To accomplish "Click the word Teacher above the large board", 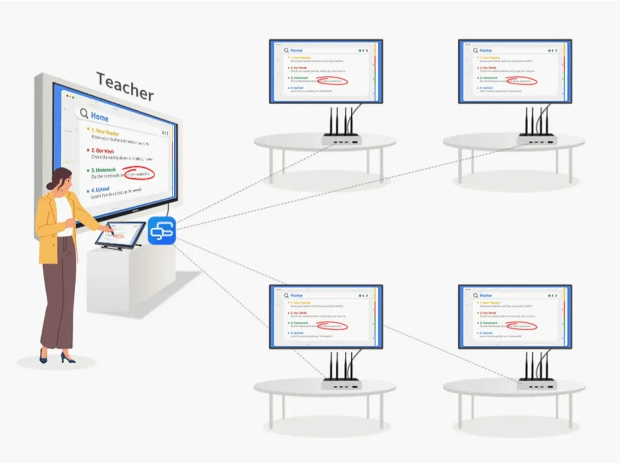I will (x=125, y=86).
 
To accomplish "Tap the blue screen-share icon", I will (x=162, y=231).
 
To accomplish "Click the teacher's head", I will (x=59, y=181).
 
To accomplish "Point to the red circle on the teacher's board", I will (x=138, y=174).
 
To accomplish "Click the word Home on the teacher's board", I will (x=100, y=115).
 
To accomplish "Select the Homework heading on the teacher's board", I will (x=107, y=170).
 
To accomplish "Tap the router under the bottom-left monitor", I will (x=341, y=383).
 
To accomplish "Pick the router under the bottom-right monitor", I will (x=536, y=383).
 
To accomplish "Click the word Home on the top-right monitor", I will (x=486, y=50).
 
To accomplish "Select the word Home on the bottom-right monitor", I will (x=486, y=296).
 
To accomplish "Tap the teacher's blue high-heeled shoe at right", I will (x=67, y=359).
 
